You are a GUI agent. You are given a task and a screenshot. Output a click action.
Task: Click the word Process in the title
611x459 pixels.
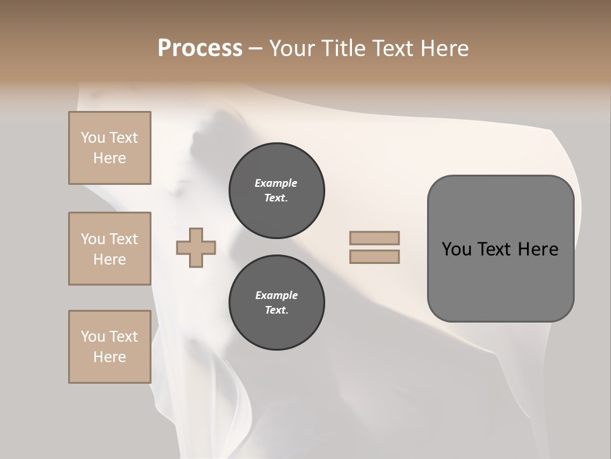(x=200, y=48)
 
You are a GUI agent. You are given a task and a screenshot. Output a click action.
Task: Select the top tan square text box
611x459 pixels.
(x=109, y=148)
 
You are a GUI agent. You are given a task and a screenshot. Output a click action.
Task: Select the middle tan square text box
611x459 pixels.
(x=109, y=249)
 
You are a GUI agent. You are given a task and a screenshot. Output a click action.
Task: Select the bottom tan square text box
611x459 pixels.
(x=109, y=347)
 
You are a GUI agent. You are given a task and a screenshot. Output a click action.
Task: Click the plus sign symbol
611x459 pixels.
(x=196, y=248)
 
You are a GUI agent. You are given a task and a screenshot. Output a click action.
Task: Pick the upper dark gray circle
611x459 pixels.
(x=276, y=191)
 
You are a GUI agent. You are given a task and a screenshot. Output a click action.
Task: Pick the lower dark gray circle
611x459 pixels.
(x=276, y=303)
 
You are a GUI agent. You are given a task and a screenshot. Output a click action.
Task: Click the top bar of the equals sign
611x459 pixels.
(x=374, y=238)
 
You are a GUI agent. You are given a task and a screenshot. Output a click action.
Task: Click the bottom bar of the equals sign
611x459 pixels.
(x=374, y=257)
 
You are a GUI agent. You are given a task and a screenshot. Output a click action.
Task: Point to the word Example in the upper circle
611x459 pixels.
(x=276, y=184)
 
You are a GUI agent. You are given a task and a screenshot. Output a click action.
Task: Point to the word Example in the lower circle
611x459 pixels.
(x=276, y=296)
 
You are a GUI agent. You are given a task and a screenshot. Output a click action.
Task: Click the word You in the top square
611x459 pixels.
(x=93, y=138)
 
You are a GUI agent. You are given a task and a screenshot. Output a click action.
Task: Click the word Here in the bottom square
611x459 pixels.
(x=109, y=357)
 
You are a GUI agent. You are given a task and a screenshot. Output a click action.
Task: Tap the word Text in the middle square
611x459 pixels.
(x=123, y=239)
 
